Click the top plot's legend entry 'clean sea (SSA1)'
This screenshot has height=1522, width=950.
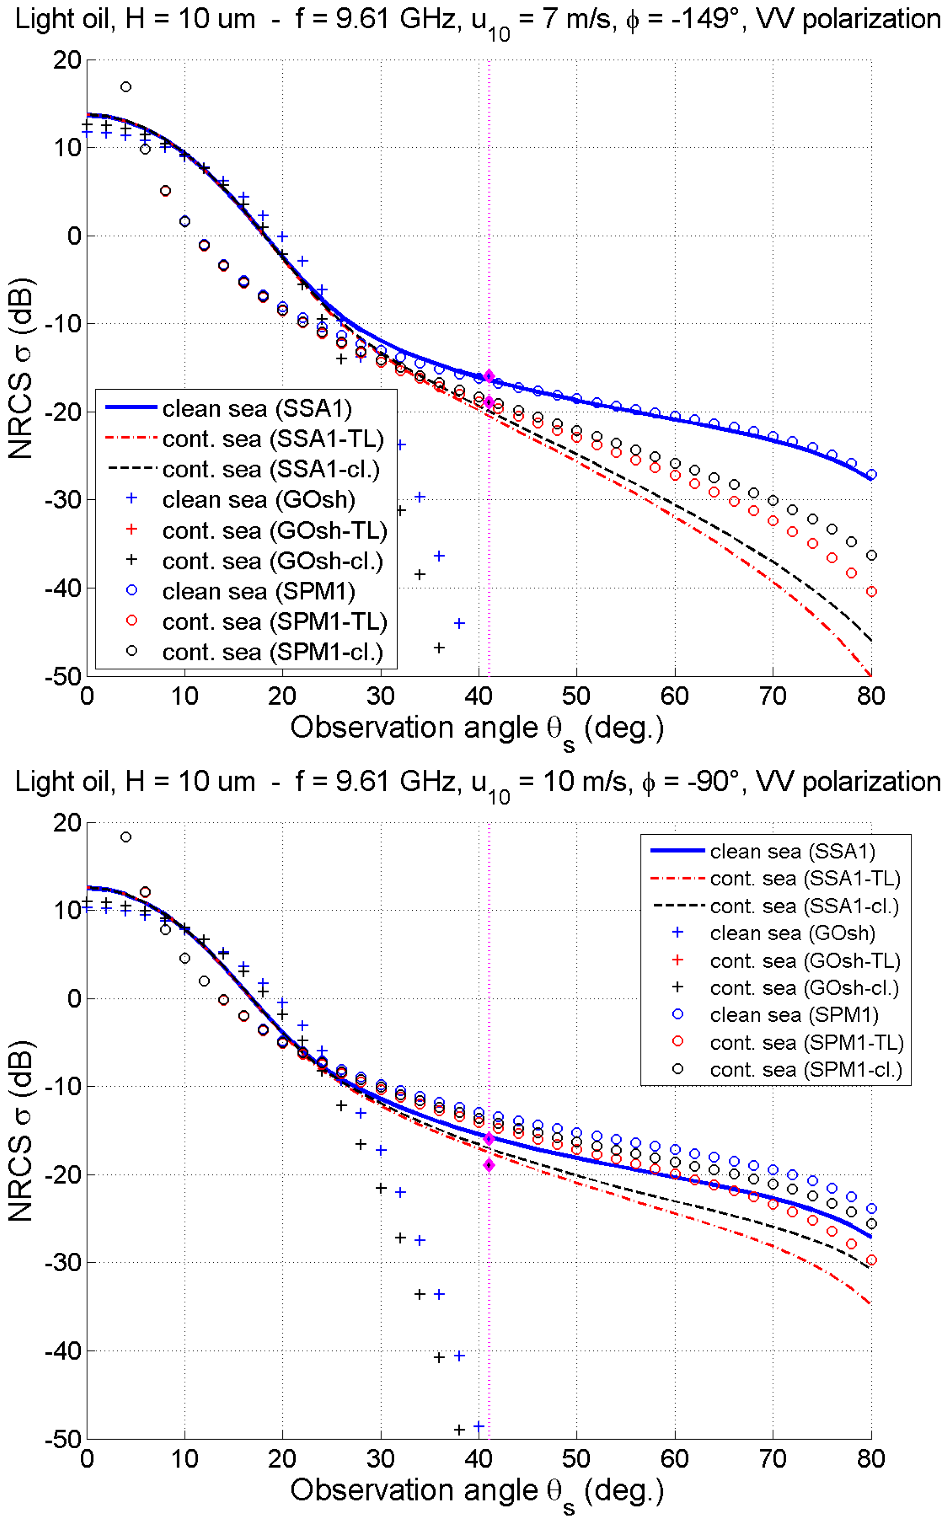click(x=256, y=409)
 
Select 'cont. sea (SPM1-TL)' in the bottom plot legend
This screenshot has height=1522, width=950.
click(x=806, y=1042)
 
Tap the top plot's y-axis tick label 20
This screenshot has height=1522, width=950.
click(x=67, y=60)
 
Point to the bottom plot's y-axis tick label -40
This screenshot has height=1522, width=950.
click(x=63, y=1351)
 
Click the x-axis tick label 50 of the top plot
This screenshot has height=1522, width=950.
click(x=576, y=696)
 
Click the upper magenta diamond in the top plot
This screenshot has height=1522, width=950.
click(x=489, y=376)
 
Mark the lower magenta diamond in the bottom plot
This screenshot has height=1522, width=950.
click(x=489, y=1165)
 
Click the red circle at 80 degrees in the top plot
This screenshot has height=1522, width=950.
click(x=871, y=591)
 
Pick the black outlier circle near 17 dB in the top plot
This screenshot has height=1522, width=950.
click(x=126, y=87)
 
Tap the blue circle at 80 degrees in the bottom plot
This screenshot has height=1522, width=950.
click(x=871, y=1209)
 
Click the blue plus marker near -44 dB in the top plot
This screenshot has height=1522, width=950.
click(x=459, y=623)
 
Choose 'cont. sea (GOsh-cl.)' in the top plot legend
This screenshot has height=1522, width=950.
click(x=272, y=561)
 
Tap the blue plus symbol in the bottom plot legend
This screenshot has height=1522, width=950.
click(x=677, y=933)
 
